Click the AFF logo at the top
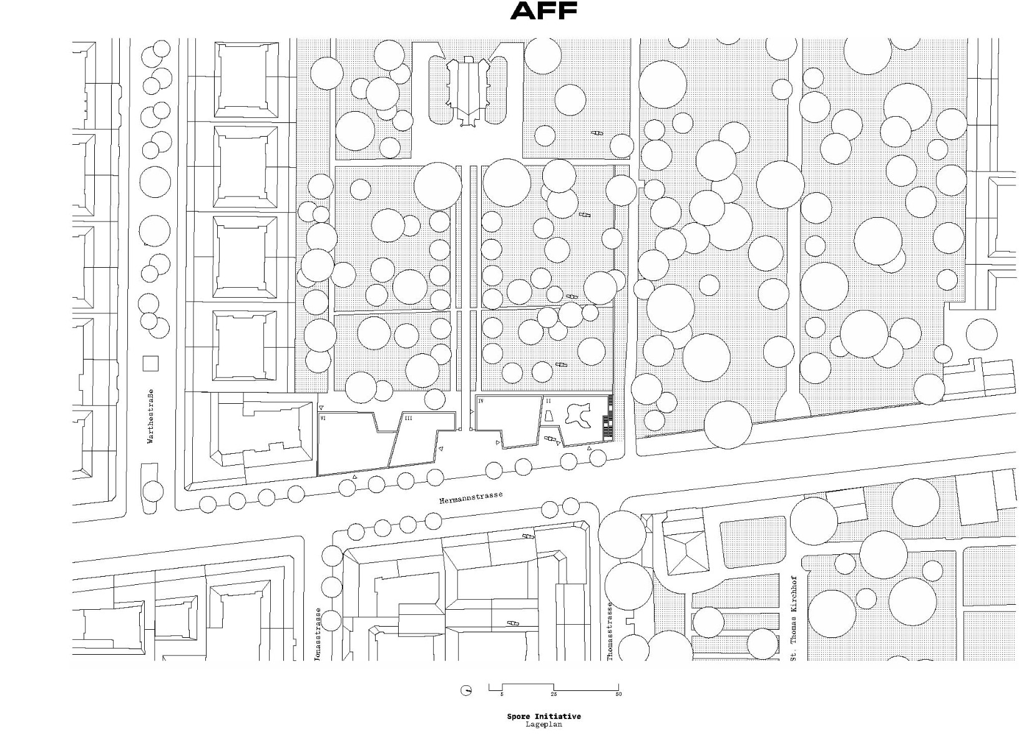(544, 11)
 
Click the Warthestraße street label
(150, 416)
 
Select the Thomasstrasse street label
(610, 630)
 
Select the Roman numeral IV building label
(481, 401)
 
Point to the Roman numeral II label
(549, 401)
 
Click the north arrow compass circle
(466, 690)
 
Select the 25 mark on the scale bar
(553, 694)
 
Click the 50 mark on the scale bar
(618, 694)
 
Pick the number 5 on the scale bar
(502, 694)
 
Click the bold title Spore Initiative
(543, 717)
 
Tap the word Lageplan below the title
(543, 724)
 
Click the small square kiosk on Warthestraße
(150, 363)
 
